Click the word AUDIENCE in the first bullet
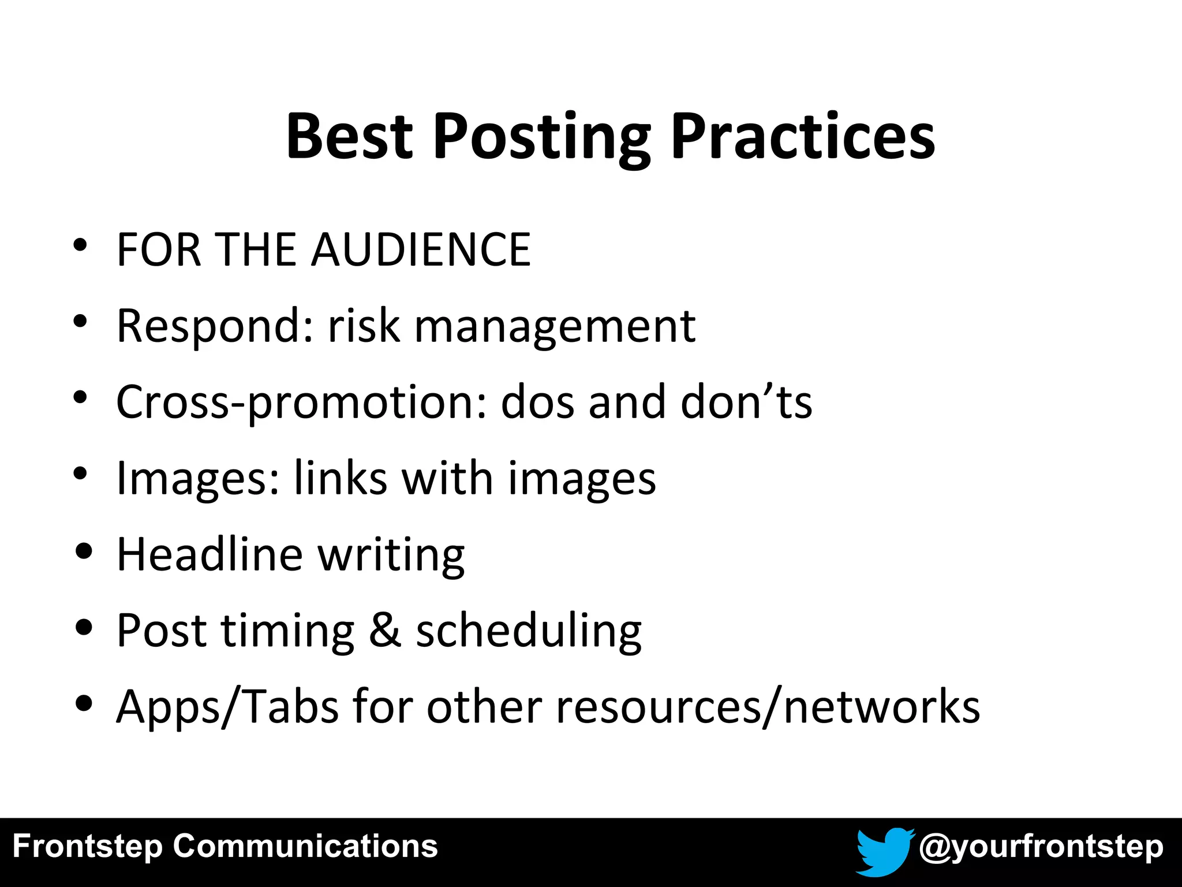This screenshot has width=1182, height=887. tap(421, 249)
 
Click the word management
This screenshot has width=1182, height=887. tap(555, 327)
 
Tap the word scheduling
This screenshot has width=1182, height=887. tap(529, 631)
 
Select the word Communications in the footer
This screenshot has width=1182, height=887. tap(305, 846)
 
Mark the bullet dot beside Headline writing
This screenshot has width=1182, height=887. tap(84, 551)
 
